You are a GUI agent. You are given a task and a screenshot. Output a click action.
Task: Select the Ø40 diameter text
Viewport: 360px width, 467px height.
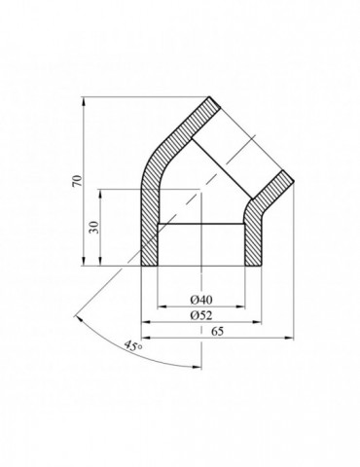pyautogui.click(x=201, y=298)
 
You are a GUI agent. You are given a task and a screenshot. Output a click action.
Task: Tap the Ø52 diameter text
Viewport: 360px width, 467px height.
pyautogui.click(x=201, y=315)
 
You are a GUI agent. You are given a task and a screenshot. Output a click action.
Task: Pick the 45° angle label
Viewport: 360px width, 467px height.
pyautogui.click(x=133, y=345)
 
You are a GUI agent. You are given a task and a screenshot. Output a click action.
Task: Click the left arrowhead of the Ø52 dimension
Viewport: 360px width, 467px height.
pyautogui.click(x=147, y=322)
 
